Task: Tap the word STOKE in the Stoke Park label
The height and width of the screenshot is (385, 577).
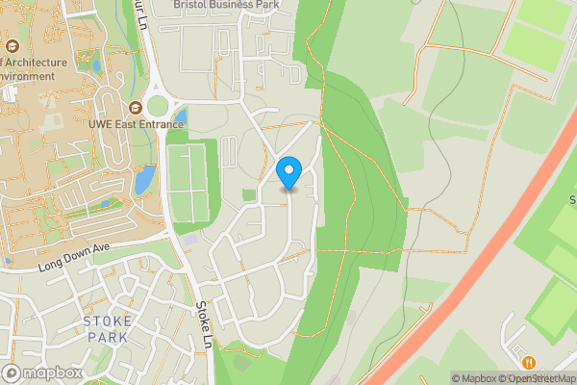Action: pos(108,321)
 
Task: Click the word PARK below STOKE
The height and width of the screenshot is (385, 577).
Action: pos(108,338)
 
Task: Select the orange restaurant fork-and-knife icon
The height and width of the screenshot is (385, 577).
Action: pos(530,362)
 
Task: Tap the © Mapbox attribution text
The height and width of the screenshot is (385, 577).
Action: pos(475,378)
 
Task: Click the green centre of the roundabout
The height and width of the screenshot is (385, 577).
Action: pos(157,104)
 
